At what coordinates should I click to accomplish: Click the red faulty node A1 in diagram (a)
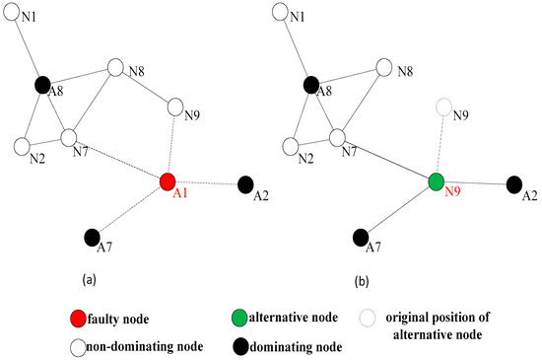tap(168, 181)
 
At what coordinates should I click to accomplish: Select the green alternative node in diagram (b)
tap(438, 181)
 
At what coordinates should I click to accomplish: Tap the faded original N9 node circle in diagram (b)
tap(446, 107)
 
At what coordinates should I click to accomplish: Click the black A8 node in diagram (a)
tap(43, 86)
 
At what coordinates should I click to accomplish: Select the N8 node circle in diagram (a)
tap(115, 68)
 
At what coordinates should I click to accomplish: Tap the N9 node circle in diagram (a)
tap(177, 107)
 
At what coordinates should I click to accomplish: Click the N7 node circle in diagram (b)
tap(337, 136)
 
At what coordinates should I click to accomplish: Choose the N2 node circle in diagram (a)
tap(23, 147)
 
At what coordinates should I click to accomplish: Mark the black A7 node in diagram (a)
tap(92, 237)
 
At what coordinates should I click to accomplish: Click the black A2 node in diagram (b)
tap(513, 183)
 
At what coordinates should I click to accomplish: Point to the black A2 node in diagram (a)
tap(244, 183)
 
